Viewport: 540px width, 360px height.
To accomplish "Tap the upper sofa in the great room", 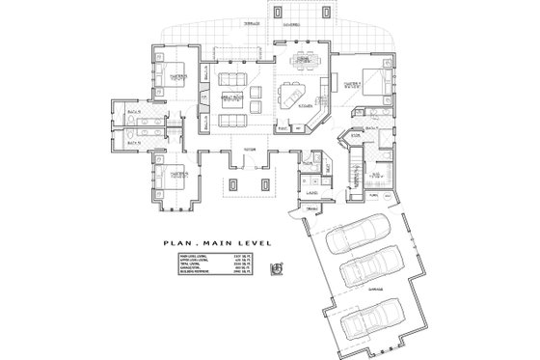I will coord(232,78).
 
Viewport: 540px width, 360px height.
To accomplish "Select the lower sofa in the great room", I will coord(232,121).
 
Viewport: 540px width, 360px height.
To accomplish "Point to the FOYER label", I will coord(248,151).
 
